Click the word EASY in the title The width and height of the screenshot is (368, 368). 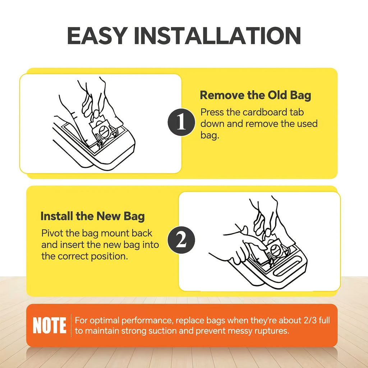click(97, 36)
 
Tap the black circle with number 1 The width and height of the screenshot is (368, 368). click(181, 122)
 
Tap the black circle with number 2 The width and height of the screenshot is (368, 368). click(181, 240)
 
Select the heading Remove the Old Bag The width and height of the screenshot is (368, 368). click(256, 95)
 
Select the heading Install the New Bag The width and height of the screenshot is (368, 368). click(92, 216)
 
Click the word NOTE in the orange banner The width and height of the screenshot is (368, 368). click(49, 325)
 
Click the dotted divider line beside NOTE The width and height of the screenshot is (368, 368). click(71, 326)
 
